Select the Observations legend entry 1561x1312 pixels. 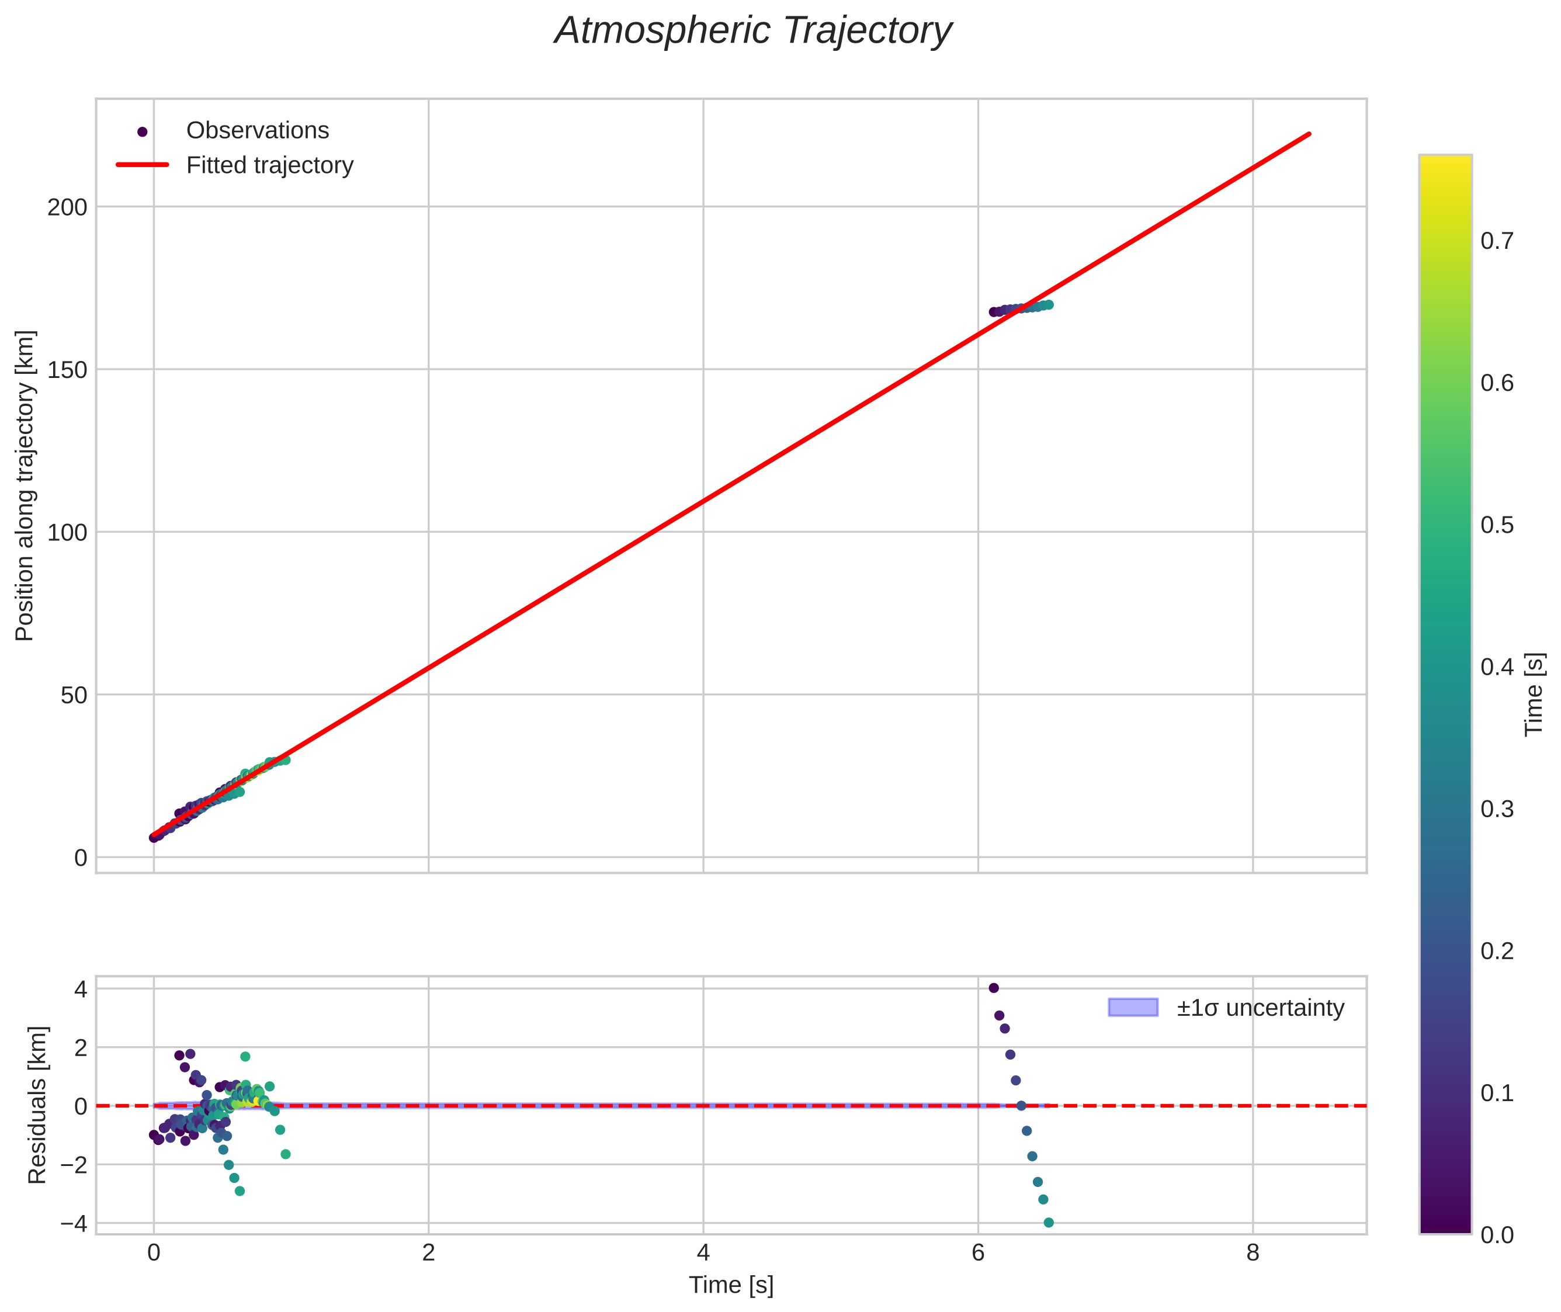(x=257, y=131)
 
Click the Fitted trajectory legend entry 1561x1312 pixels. (x=269, y=165)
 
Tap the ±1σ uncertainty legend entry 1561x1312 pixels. (x=1260, y=1008)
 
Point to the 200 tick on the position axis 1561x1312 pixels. (x=67, y=207)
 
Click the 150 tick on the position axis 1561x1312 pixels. (x=67, y=370)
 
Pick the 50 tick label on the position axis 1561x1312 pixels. (x=73, y=695)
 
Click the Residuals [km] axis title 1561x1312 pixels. (x=37, y=1105)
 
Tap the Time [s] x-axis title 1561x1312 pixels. (x=731, y=1285)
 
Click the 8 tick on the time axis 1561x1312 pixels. (x=1253, y=1253)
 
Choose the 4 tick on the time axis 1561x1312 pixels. (x=703, y=1253)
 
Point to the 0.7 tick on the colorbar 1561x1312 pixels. (x=1496, y=242)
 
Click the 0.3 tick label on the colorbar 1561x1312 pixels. (x=1496, y=809)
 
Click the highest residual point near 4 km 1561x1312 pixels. (x=994, y=988)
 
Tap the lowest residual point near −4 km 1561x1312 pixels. (x=1049, y=1223)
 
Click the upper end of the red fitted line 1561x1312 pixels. (x=1309, y=134)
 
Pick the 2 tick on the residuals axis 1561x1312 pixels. (x=80, y=1047)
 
